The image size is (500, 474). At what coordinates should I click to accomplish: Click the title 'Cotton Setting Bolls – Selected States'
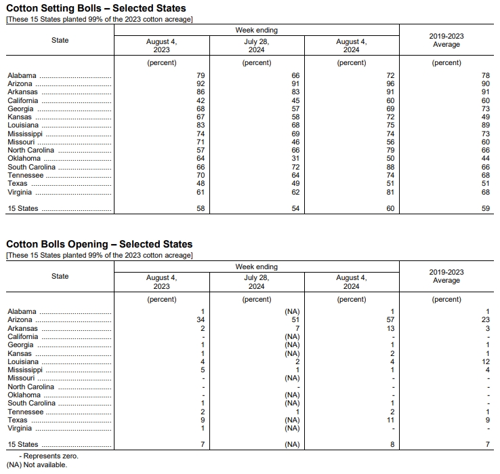coord(96,8)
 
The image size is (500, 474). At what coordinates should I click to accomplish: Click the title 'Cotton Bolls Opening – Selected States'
coord(99,244)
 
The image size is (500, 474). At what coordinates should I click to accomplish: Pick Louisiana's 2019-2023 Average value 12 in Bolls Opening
coord(485,361)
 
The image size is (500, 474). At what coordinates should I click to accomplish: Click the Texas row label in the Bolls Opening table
coord(18,420)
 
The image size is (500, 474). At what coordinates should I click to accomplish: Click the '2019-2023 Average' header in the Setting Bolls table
coord(446,40)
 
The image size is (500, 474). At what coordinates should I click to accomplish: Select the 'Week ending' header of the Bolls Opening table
coord(257,267)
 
